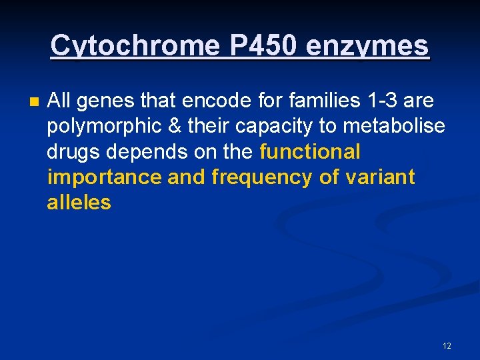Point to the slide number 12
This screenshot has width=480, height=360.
(447, 345)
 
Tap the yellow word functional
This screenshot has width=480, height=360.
(309, 152)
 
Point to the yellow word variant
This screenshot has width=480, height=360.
(381, 177)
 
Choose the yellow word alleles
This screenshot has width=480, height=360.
(79, 203)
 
